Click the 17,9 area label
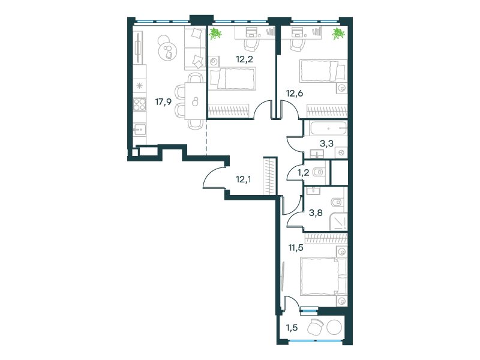point(163,101)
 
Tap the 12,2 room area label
point(245,59)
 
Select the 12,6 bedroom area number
point(295,93)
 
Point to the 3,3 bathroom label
point(326,143)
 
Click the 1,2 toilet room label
point(304,173)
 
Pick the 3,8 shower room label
point(316,213)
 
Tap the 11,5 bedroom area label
point(296,247)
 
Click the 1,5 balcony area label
point(292,328)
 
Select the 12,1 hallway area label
point(244,179)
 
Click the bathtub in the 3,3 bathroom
point(328,128)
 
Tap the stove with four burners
point(139,104)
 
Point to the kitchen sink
point(139,130)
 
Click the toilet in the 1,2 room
point(319,172)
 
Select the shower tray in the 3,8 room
point(338,221)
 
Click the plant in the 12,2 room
point(215,34)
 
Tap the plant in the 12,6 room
point(338,34)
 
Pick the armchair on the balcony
point(316,327)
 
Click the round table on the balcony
point(334,327)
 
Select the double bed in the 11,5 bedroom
point(323,277)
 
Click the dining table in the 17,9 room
point(195,101)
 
